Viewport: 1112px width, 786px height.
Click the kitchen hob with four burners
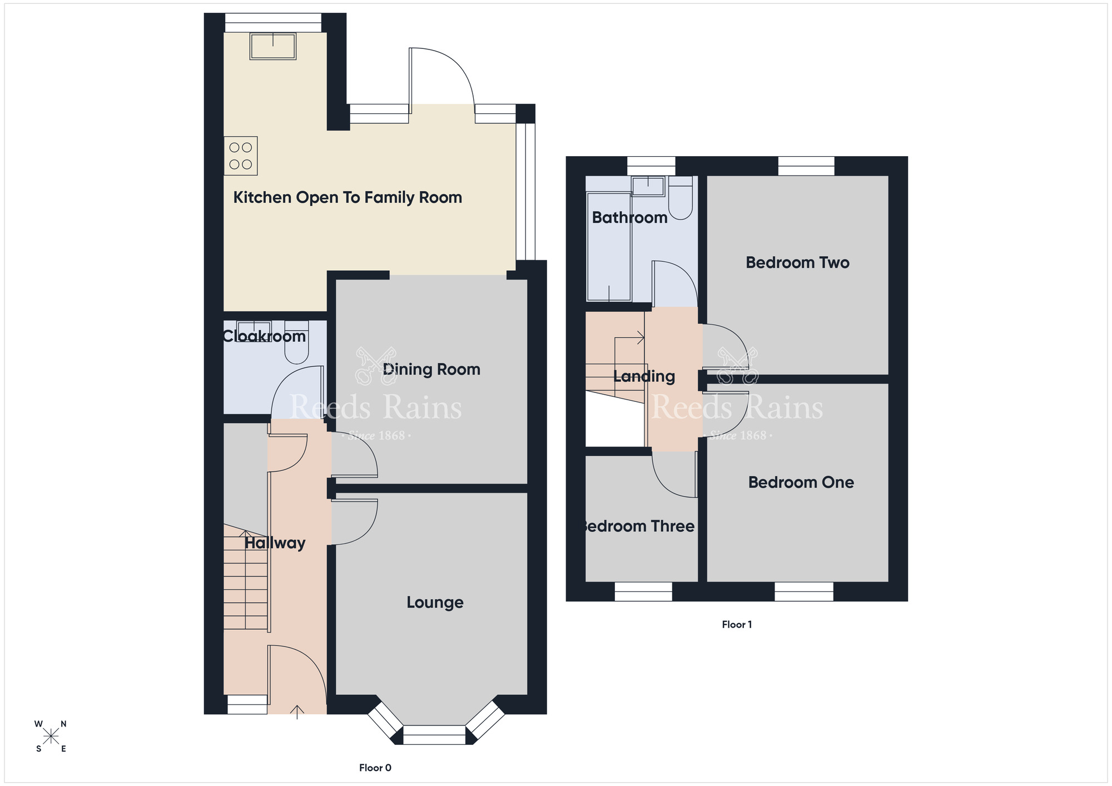pyautogui.click(x=241, y=156)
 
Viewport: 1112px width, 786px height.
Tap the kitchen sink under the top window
pyautogui.click(x=272, y=46)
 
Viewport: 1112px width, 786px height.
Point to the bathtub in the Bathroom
pyautogui.click(x=609, y=246)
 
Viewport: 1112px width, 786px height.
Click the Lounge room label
pyautogui.click(x=435, y=603)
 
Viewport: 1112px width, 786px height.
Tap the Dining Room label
pyautogui.click(x=431, y=370)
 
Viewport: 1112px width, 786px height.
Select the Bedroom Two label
pyautogui.click(x=797, y=263)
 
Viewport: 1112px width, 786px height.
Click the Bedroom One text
pyautogui.click(x=801, y=482)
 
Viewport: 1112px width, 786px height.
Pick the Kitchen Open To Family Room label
pyautogui.click(x=348, y=198)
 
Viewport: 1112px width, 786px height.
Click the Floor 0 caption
pyautogui.click(x=375, y=768)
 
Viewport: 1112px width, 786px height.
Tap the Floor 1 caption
pyautogui.click(x=737, y=624)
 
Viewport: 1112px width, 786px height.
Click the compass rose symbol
pyautogui.click(x=51, y=737)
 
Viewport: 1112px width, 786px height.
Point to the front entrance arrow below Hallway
pyautogui.click(x=297, y=712)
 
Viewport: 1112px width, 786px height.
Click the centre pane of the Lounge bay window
pyautogui.click(x=434, y=735)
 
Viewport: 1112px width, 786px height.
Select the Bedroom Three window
pyautogui.click(x=643, y=592)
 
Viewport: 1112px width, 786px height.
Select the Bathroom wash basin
pyautogui.click(x=648, y=186)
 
